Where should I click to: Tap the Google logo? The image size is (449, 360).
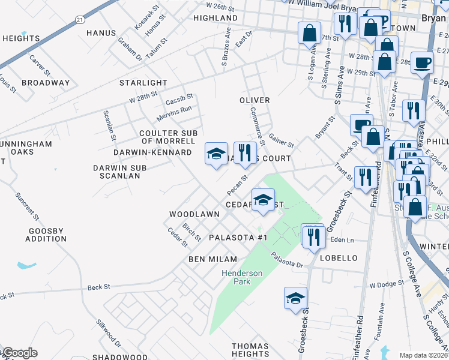click(x=20, y=353)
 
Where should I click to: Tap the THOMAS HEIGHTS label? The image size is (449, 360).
click(x=250, y=350)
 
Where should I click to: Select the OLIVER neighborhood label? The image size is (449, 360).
click(x=255, y=100)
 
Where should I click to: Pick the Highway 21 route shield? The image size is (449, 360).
click(x=80, y=19)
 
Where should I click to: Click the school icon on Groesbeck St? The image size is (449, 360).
click(x=295, y=298)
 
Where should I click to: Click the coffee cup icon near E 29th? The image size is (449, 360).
click(x=423, y=62)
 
